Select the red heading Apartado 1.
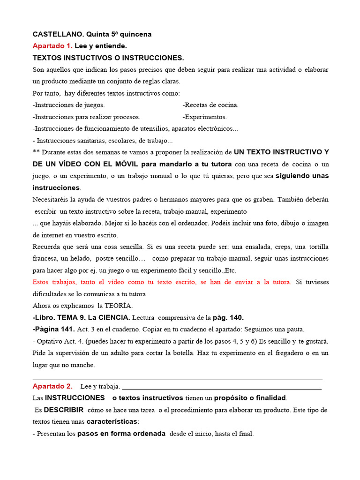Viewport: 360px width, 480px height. pos(52,46)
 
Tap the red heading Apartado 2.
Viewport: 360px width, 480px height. pos(52,386)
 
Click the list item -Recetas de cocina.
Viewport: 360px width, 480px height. pos(210,105)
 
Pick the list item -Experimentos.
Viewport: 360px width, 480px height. pos(204,117)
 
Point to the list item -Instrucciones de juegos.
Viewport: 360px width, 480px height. pos(69,105)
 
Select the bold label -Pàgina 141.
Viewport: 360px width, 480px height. pos(49,329)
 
